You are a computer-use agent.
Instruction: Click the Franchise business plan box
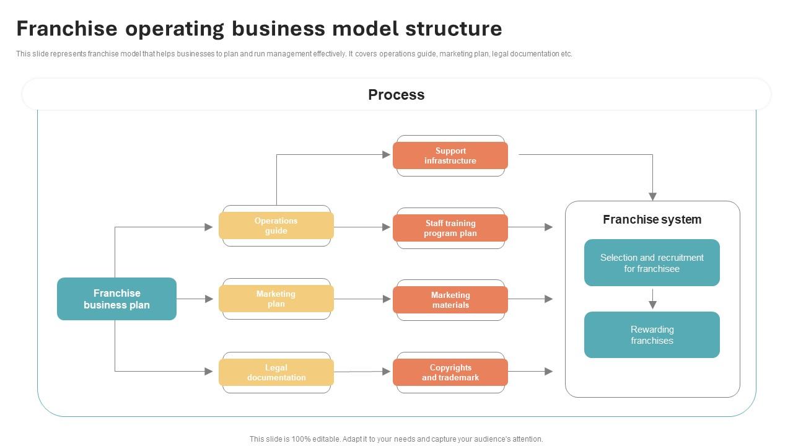tap(116, 299)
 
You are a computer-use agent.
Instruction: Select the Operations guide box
tap(276, 225)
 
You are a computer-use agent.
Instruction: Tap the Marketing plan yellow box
tap(276, 299)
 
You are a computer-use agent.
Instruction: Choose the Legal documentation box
tap(276, 372)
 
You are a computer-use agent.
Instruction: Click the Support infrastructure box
tap(450, 155)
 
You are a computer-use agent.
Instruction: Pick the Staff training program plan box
tap(450, 228)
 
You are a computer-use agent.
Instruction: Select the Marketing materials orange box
tap(450, 300)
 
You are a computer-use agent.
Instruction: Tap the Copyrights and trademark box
tap(450, 372)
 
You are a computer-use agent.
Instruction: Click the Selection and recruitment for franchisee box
tap(652, 263)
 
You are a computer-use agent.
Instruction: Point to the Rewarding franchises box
tap(652, 334)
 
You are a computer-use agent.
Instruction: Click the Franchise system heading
tap(652, 219)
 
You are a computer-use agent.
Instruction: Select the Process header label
tap(396, 95)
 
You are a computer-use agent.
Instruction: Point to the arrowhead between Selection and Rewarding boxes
tap(652, 304)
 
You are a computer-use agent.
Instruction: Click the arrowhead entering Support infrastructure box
tap(387, 155)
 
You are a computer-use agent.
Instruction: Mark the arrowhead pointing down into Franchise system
tap(652, 196)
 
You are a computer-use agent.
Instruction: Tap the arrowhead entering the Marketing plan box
tap(209, 299)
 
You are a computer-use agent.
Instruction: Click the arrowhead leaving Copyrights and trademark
tap(548, 372)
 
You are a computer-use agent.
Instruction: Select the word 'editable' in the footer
tap(326, 439)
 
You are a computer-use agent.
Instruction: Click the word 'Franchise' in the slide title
tap(67, 28)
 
